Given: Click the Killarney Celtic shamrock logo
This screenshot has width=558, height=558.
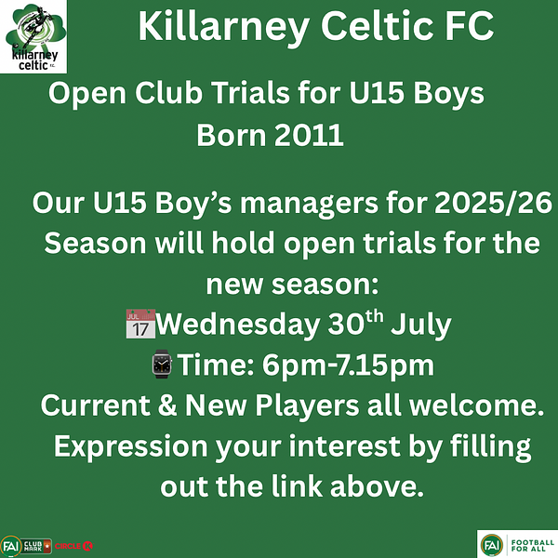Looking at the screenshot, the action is pyautogui.click(x=33, y=36).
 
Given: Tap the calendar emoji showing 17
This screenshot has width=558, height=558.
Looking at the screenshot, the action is pyautogui.click(x=140, y=324).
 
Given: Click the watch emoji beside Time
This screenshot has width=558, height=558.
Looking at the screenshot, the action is pyautogui.click(x=162, y=364).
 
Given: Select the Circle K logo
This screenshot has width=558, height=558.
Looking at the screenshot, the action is pyautogui.click(x=73, y=546).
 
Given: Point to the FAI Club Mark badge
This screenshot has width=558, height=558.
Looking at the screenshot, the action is pyautogui.click(x=26, y=546).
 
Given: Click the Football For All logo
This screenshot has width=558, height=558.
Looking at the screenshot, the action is pyautogui.click(x=517, y=544).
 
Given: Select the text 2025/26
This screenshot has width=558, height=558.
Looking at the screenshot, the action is pyautogui.click(x=493, y=203).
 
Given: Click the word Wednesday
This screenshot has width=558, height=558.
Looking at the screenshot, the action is pyautogui.click(x=238, y=325).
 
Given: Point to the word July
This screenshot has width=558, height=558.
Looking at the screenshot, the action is pyautogui.click(x=421, y=325).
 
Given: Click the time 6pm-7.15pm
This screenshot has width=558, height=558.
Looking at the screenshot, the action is pyautogui.click(x=348, y=365).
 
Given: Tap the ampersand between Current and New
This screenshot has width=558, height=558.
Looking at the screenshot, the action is pyautogui.click(x=167, y=405).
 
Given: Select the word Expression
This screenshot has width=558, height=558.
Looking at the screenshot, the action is pyautogui.click(x=131, y=446).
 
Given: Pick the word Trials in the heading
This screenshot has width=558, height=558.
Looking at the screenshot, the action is pyautogui.click(x=251, y=93).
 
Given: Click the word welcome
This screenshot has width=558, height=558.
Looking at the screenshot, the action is pyautogui.click(x=476, y=405).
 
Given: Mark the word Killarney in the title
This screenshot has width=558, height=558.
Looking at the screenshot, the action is pyautogui.click(x=223, y=28).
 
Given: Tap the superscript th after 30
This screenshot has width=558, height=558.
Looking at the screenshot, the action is pyautogui.click(x=375, y=316).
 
